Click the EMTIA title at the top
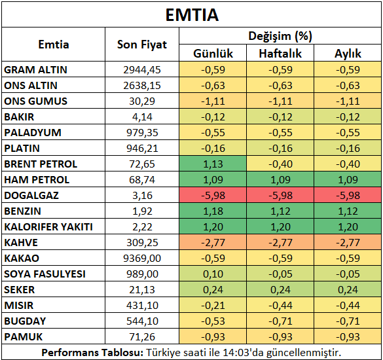click(192, 15)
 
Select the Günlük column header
click(213, 54)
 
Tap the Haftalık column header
click(280, 54)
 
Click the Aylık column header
click(348, 54)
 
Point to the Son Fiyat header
click(142, 45)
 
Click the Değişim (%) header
click(280, 36)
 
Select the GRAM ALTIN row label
click(35, 70)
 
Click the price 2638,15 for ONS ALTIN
click(142, 86)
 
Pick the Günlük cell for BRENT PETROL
click(213, 164)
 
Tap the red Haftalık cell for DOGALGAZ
click(280, 195)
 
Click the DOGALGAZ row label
click(31, 196)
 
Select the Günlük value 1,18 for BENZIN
click(213, 211)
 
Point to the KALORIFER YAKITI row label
click(48, 227)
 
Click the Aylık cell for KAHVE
click(348, 242)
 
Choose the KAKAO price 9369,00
click(142, 258)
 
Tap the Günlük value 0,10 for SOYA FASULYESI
click(213, 274)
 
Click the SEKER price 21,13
click(142, 290)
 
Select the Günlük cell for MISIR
click(213, 305)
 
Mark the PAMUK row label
click(24, 337)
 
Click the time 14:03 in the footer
click(236, 352)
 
